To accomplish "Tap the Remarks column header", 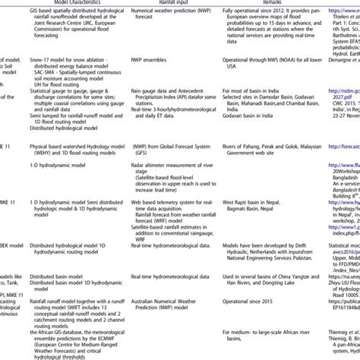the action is click(275, 3).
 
